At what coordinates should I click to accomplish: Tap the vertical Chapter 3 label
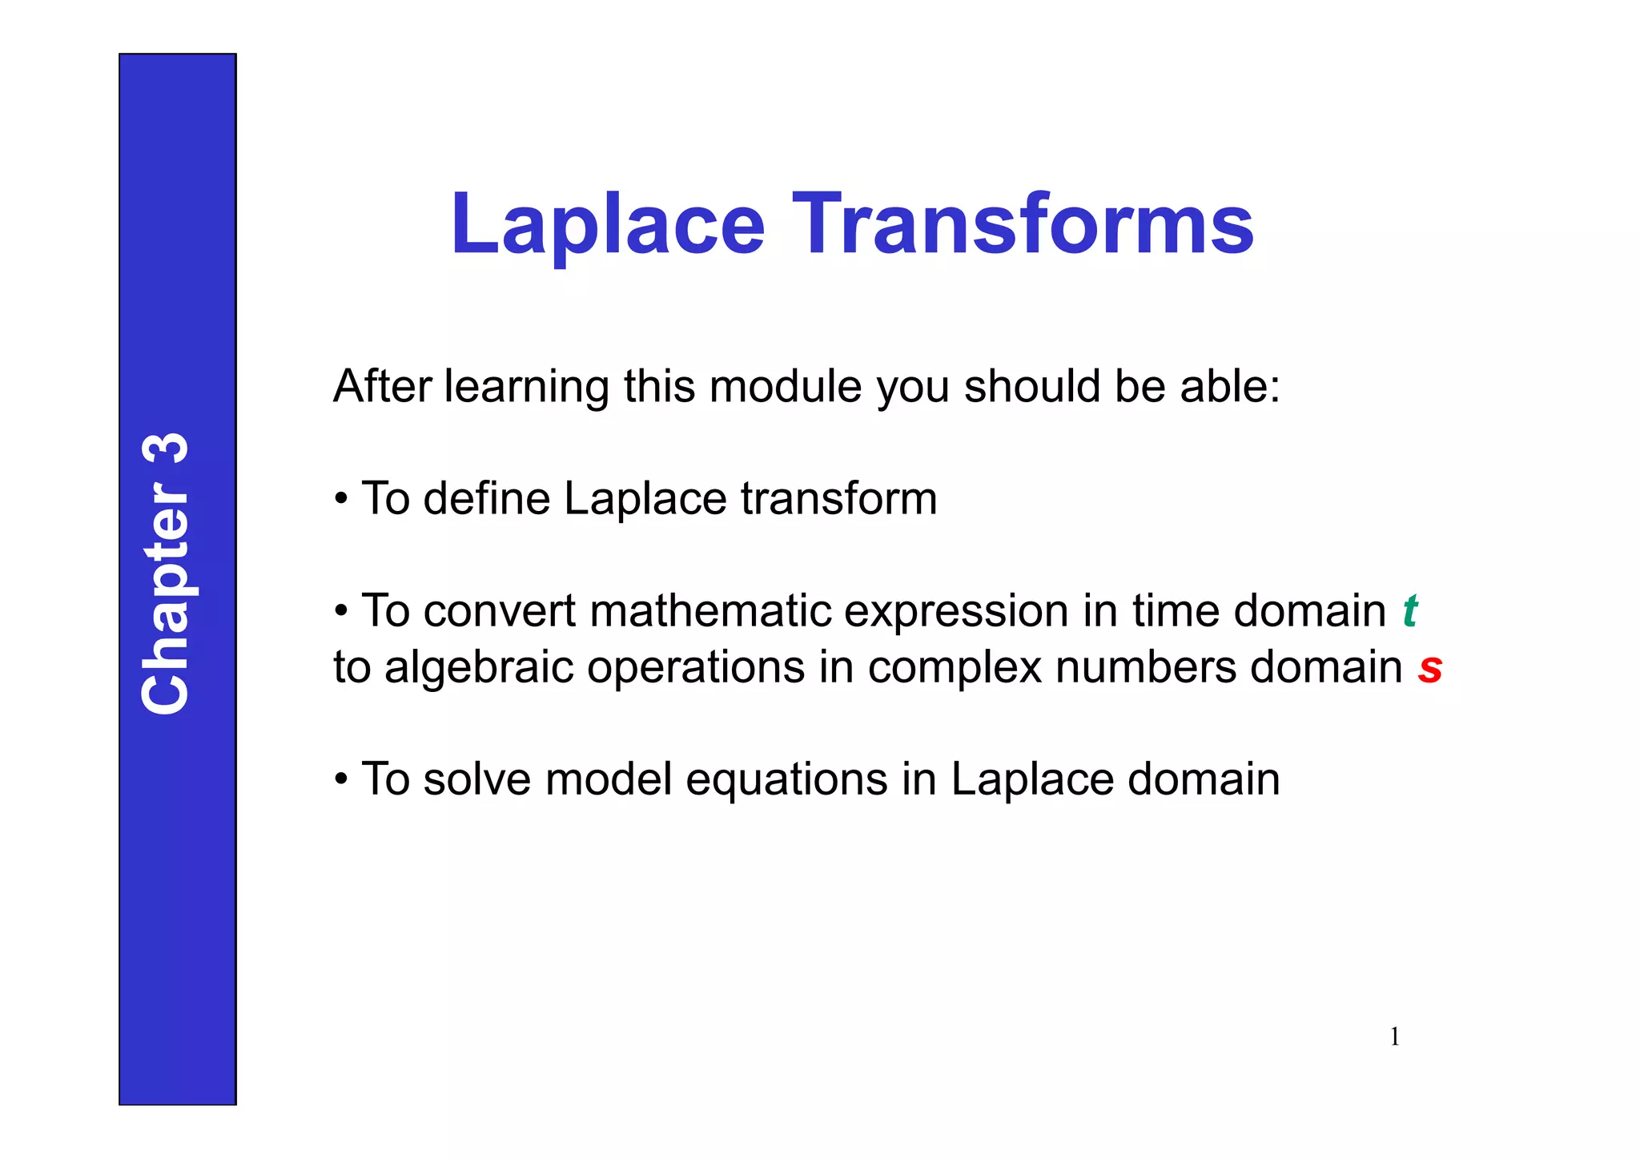pos(166,573)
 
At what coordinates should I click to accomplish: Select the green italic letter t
pos(1410,611)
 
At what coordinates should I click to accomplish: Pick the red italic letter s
pos(1429,667)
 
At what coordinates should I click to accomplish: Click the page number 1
pos(1394,1036)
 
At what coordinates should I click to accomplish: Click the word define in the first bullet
pos(486,499)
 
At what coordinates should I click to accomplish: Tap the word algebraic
pos(478,667)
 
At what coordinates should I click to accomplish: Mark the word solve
pos(476,779)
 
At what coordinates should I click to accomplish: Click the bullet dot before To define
pos(341,500)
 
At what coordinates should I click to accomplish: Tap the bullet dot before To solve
pos(341,780)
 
